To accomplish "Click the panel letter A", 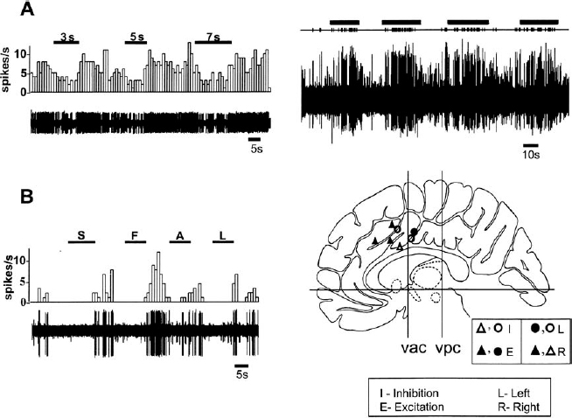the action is coord(27,9).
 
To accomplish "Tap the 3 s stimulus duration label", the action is coord(66,37).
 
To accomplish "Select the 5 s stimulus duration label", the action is coord(136,37).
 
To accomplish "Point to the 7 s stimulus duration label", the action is coord(213,37).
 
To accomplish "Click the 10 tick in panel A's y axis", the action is coord(20,55).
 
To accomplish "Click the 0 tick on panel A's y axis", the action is coord(23,93).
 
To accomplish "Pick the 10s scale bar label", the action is coord(531,154).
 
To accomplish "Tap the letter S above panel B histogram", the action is coord(81,235).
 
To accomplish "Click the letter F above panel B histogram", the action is coord(135,235).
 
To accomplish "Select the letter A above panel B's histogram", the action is coord(180,235).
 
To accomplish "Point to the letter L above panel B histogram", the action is coord(222,235).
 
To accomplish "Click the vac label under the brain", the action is coord(414,348).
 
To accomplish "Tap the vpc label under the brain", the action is coord(448,349).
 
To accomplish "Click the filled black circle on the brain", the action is coord(414,231).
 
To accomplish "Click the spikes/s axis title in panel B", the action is coord(10,278).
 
